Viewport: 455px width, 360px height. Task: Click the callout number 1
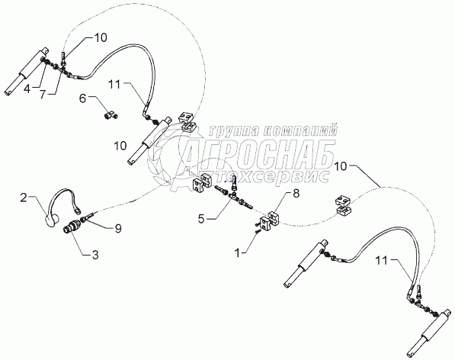238,253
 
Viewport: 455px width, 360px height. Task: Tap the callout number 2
24,198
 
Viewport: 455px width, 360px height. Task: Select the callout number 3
95,255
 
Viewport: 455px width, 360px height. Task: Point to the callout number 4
27,88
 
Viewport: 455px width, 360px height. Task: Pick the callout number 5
201,218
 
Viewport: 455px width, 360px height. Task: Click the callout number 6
82,98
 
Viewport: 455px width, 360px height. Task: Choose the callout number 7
43,95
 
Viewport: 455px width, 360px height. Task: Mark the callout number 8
296,194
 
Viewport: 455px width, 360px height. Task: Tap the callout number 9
118,229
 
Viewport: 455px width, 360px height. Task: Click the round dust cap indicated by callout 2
53,221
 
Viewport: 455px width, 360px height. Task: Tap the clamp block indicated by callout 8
269,221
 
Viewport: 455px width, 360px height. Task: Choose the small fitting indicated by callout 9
86,217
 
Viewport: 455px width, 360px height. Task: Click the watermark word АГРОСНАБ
258,153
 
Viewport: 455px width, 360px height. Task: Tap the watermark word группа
235,130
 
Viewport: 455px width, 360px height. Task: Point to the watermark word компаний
301,130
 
